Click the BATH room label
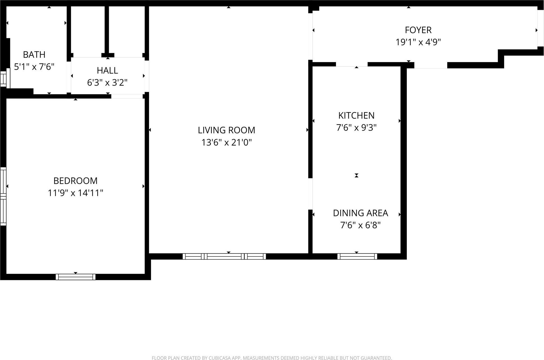pos(34,55)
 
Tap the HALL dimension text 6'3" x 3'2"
pos(107,83)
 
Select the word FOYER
pos(418,30)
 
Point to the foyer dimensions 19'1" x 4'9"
pos(418,42)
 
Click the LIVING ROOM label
pos(226,130)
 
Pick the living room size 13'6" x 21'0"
pos(226,142)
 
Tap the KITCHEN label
pos(356,116)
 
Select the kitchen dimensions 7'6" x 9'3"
pos(356,128)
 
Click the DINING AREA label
pos(360,213)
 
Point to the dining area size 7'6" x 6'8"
pos(360,225)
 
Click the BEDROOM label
pos(75,181)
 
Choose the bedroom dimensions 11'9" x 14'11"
pos(75,193)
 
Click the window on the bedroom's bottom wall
pos(75,277)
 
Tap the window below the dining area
pos(357,256)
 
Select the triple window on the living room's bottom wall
pos(224,256)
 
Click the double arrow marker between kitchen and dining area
pos(356,175)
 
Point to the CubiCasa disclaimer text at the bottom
pos(272,358)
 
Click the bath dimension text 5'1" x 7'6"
pos(34,67)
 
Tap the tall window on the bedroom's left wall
pos(3,196)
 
